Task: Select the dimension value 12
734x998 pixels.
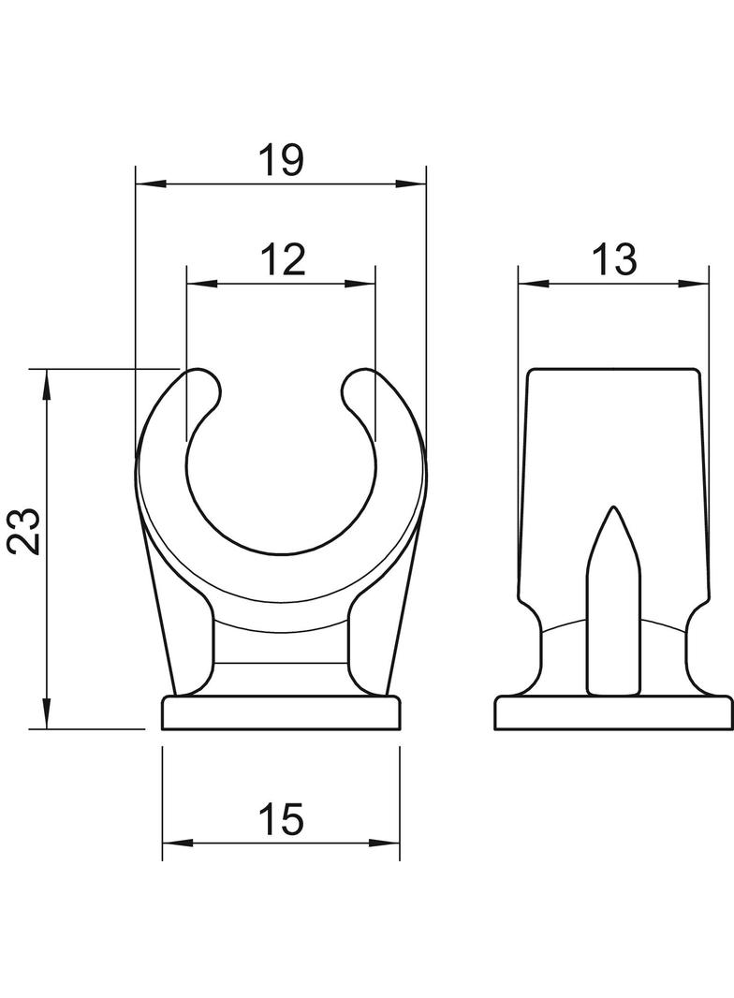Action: (x=283, y=259)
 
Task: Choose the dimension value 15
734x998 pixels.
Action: (x=282, y=819)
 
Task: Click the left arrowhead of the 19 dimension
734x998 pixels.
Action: (x=152, y=184)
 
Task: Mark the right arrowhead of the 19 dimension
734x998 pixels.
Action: (x=411, y=184)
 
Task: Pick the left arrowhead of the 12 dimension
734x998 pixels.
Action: (x=202, y=284)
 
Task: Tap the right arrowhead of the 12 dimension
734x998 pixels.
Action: (x=360, y=284)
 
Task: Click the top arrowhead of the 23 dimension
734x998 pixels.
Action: (x=46, y=384)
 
